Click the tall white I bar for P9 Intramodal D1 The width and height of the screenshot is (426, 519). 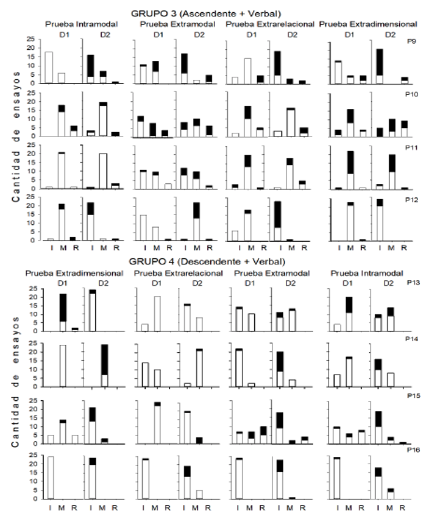(49, 68)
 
